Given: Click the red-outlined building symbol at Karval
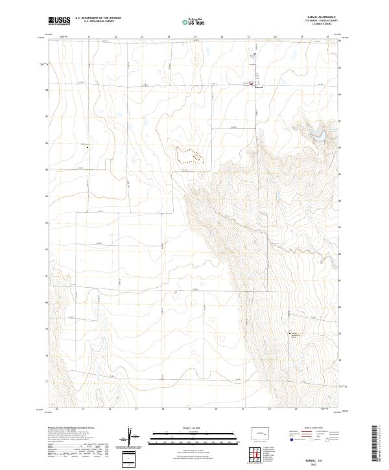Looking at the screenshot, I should [254, 84].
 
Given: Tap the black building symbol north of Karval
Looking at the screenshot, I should [255, 54].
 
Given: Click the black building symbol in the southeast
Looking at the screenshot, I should [291, 333].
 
